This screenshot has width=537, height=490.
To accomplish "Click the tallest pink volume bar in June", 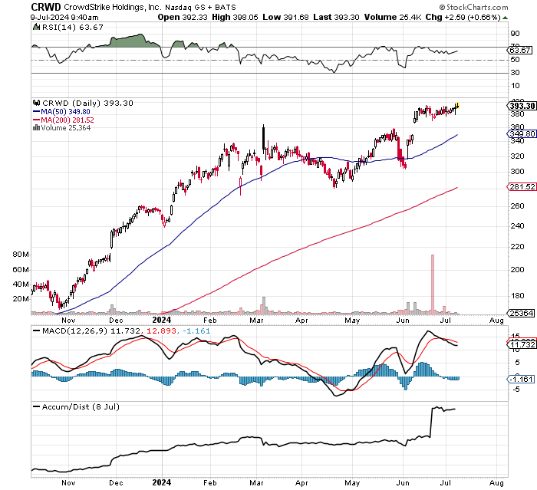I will (433, 284).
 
